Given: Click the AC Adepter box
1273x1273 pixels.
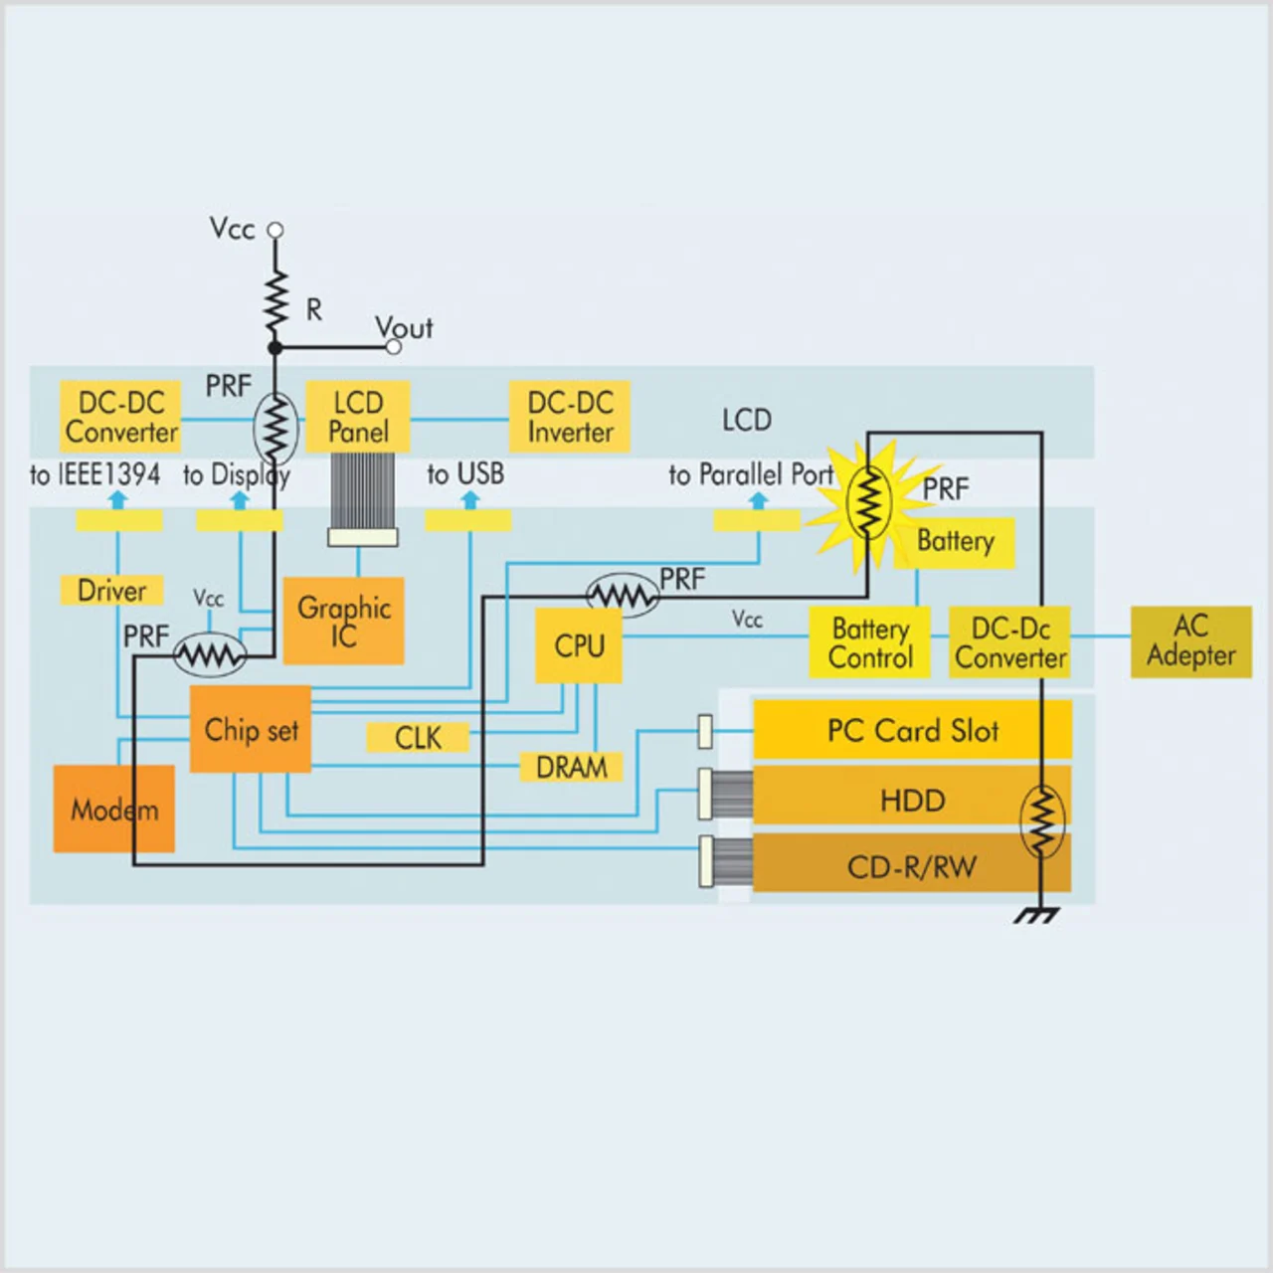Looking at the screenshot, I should (x=1190, y=641).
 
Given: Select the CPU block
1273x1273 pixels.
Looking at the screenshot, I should (x=579, y=645).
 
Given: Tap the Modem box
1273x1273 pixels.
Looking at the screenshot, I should (x=113, y=809).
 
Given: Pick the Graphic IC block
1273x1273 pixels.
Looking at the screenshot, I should (x=344, y=621).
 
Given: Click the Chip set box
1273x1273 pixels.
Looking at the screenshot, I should (x=251, y=729).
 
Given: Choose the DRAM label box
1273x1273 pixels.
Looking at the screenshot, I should (x=571, y=767).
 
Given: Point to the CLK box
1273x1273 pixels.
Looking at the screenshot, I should (x=418, y=737).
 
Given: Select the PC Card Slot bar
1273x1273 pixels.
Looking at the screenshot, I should (x=912, y=730).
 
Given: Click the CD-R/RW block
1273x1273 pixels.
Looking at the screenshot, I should (x=912, y=866).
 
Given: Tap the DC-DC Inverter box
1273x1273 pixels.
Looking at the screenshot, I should (x=570, y=417).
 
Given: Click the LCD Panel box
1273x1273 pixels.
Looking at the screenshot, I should (x=358, y=417).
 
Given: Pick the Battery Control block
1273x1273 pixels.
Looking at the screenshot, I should (x=870, y=642).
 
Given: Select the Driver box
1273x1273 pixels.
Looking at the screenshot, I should (x=111, y=590).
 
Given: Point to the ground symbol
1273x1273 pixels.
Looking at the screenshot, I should (x=1037, y=914).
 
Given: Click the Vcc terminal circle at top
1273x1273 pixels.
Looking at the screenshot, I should (x=275, y=230).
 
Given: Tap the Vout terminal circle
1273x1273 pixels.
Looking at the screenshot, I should (x=394, y=347).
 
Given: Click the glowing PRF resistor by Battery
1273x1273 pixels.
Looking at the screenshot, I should (x=868, y=502).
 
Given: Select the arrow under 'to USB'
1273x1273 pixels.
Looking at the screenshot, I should (x=469, y=499).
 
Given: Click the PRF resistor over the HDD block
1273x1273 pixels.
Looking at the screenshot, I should (x=1041, y=820).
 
